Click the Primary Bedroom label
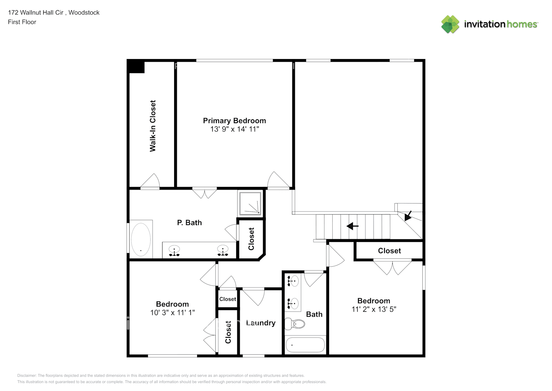click(234, 121)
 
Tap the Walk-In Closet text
click(153, 126)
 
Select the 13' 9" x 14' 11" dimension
click(234, 129)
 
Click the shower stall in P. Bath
click(250, 203)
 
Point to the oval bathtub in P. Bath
click(141, 240)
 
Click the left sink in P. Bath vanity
click(174, 250)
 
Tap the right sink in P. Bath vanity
click(223, 250)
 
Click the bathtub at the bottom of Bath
click(305, 345)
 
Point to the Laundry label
click(260, 323)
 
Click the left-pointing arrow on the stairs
click(353, 226)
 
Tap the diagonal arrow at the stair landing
click(408, 216)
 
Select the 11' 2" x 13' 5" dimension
click(374, 309)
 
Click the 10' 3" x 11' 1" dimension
click(172, 313)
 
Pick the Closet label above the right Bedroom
click(389, 251)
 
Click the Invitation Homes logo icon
click(450, 24)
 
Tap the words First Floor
click(22, 22)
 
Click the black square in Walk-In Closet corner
click(137, 67)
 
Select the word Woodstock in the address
click(84, 13)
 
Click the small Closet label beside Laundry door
click(228, 299)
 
